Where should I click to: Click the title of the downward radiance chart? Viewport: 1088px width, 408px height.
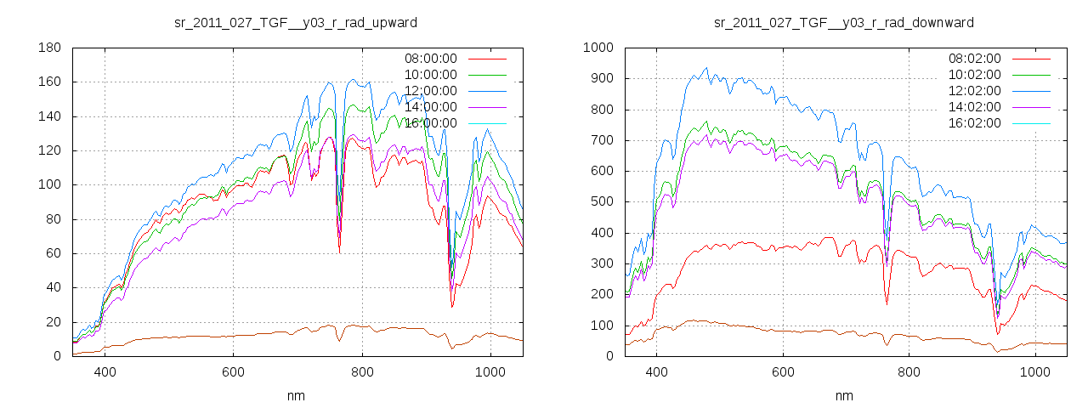843,22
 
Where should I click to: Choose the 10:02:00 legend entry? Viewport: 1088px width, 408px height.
974,75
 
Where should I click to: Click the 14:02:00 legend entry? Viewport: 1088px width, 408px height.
974,107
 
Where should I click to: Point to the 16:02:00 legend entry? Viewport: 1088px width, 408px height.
974,123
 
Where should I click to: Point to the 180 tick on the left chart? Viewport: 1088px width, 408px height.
48,48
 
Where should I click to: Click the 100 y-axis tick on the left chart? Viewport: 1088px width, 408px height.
48,184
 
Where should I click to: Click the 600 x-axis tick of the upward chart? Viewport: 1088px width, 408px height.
233,371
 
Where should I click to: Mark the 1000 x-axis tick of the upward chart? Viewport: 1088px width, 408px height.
490,371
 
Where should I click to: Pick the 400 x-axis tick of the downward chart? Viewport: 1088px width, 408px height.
655,371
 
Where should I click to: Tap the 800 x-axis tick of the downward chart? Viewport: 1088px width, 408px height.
909,371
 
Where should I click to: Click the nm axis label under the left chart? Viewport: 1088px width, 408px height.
296,395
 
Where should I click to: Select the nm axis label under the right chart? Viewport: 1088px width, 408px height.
843,395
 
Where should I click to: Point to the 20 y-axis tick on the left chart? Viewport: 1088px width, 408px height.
52,321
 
